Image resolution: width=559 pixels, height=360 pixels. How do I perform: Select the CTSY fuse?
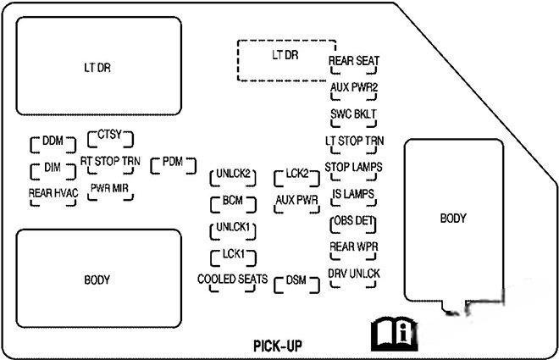pyautogui.click(x=110, y=136)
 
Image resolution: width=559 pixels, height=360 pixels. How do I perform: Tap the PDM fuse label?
pyautogui.click(x=173, y=162)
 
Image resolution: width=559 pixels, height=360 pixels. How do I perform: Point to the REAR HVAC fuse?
pyautogui.click(x=53, y=193)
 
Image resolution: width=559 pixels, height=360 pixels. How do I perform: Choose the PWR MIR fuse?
pyautogui.click(x=109, y=190)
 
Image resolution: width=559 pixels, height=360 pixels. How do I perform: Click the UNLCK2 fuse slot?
pyautogui.click(x=234, y=175)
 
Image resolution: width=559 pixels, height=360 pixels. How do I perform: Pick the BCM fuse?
pyautogui.click(x=234, y=202)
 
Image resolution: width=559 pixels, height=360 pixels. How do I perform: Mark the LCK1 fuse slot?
pyautogui.click(x=234, y=254)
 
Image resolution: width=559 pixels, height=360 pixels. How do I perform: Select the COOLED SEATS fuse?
pyautogui.click(x=232, y=280)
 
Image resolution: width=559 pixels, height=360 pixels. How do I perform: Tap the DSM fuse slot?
pyautogui.click(x=296, y=281)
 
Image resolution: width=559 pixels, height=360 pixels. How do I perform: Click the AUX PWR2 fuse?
pyautogui.click(x=354, y=87)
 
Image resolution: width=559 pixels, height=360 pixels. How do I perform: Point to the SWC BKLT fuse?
pyautogui.click(x=354, y=114)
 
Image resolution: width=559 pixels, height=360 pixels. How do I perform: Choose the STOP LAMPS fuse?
pyautogui.click(x=354, y=167)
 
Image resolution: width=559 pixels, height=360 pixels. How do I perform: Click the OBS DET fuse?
pyautogui.click(x=354, y=221)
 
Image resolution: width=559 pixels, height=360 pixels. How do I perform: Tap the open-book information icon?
pyautogui.click(x=395, y=334)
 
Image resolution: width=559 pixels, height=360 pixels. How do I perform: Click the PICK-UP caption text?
pyautogui.click(x=277, y=345)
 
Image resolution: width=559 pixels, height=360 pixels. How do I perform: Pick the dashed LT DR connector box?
pyautogui.click(x=285, y=59)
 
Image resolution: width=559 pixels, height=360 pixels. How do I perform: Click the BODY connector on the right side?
pyautogui.click(x=453, y=219)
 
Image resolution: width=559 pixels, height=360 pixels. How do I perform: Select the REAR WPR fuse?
pyautogui.click(x=354, y=246)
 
